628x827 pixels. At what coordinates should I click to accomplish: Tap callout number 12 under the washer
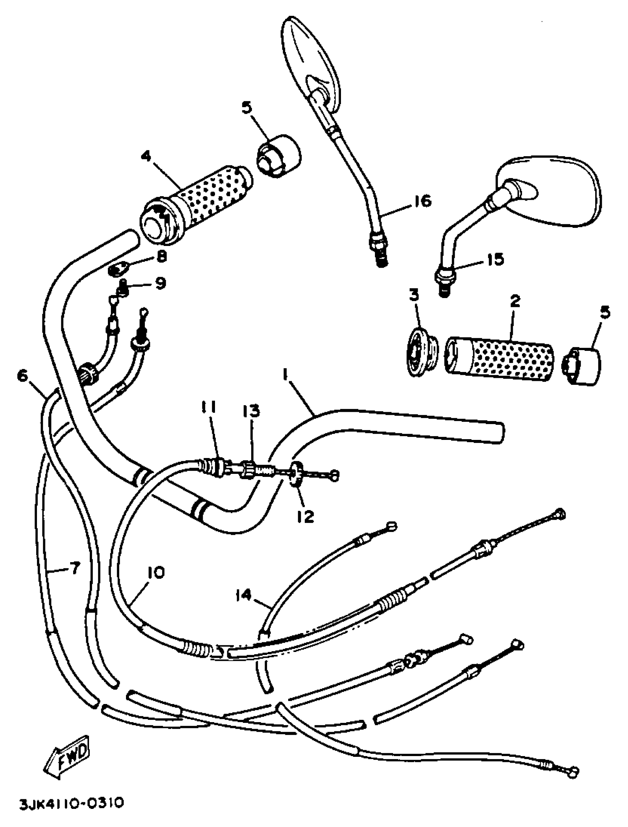[x=305, y=517]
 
